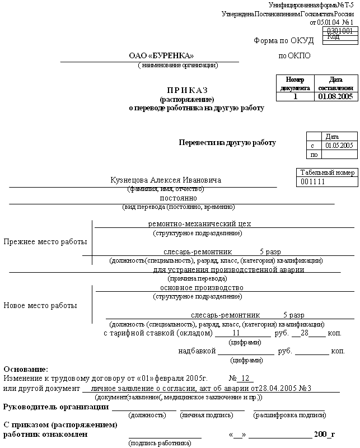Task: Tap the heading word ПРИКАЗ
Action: pos(187,90)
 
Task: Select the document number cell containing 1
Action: pos(295,96)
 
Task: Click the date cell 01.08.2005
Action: pos(335,96)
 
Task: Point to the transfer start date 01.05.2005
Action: pos(339,146)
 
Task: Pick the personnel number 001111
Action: pos(313,182)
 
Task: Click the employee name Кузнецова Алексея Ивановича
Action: pos(166,180)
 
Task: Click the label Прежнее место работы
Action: pos(45,242)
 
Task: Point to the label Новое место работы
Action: pos(40,306)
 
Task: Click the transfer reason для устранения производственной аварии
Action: pos(228,269)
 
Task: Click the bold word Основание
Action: pos(26,370)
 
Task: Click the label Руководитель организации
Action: pos(56,407)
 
